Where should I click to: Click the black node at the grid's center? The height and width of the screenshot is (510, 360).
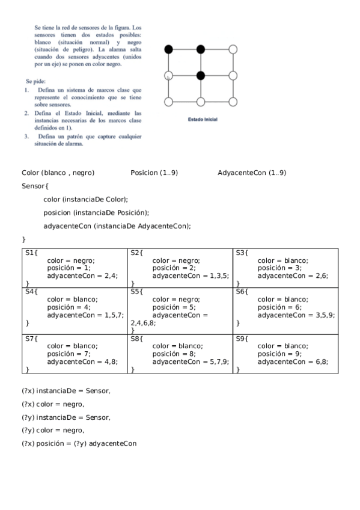(x=201, y=75)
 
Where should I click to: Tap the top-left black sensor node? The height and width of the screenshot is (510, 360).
(x=169, y=49)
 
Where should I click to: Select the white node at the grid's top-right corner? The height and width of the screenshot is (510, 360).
(x=233, y=49)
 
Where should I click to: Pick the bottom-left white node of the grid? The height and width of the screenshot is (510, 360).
(x=169, y=101)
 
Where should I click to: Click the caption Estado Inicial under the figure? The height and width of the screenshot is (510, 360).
(x=203, y=120)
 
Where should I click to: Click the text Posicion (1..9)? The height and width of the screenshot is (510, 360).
(x=154, y=173)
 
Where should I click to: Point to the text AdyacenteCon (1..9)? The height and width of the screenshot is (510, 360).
(x=252, y=173)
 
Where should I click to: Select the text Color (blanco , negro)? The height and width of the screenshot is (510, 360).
(x=58, y=173)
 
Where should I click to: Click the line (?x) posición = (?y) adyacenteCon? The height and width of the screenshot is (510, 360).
(x=79, y=444)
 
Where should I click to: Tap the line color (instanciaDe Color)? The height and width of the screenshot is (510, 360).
(x=85, y=199)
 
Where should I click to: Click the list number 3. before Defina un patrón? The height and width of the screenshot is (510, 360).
(x=27, y=137)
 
